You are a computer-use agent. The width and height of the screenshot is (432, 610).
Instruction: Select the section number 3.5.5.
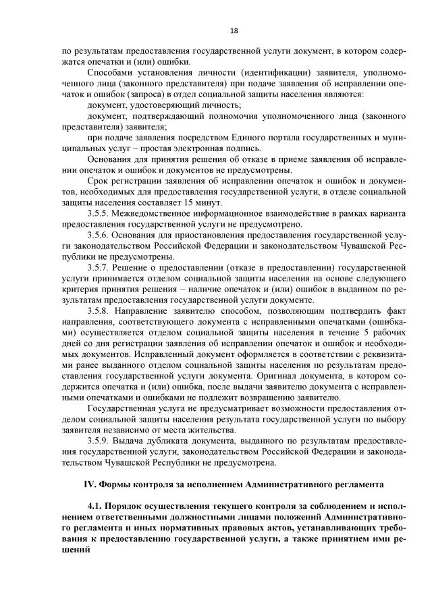point(99,214)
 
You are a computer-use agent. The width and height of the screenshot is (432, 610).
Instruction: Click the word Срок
point(99,182)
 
